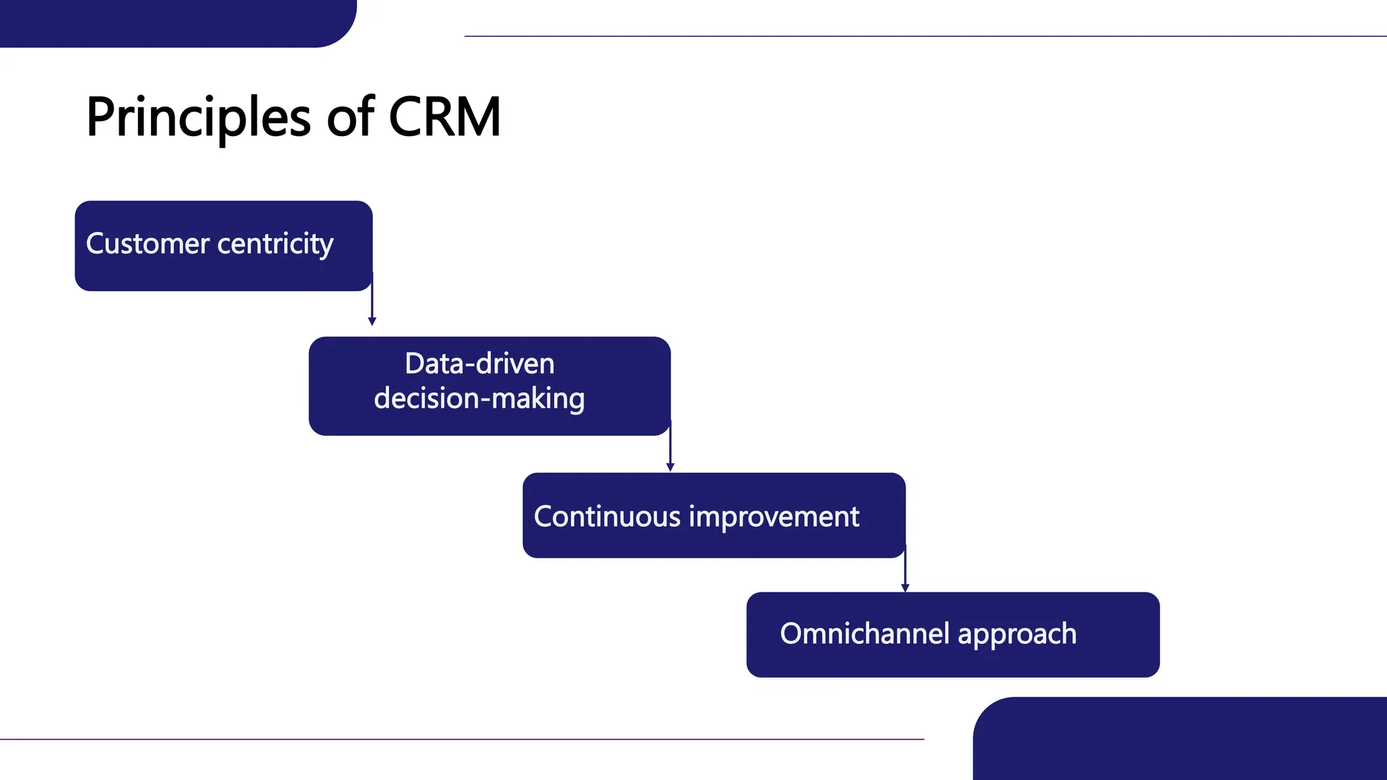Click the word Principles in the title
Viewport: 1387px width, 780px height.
coord(198,118)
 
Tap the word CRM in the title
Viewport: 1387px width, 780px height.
coord(444,117)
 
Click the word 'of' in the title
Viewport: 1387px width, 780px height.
coord(350,117)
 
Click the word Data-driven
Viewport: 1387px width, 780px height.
coord(479,364)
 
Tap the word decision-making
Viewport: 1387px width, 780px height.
coord(479,398)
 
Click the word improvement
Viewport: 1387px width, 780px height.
coord(773,517)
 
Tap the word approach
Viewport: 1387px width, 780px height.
coord(1017,634)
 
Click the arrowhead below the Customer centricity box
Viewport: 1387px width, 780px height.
coord(372,322)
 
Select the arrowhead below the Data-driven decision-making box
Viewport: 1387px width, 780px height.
coord(670,467)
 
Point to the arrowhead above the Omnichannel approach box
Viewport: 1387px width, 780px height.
coord(905,588)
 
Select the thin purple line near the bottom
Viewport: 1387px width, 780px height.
coord(461,739)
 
